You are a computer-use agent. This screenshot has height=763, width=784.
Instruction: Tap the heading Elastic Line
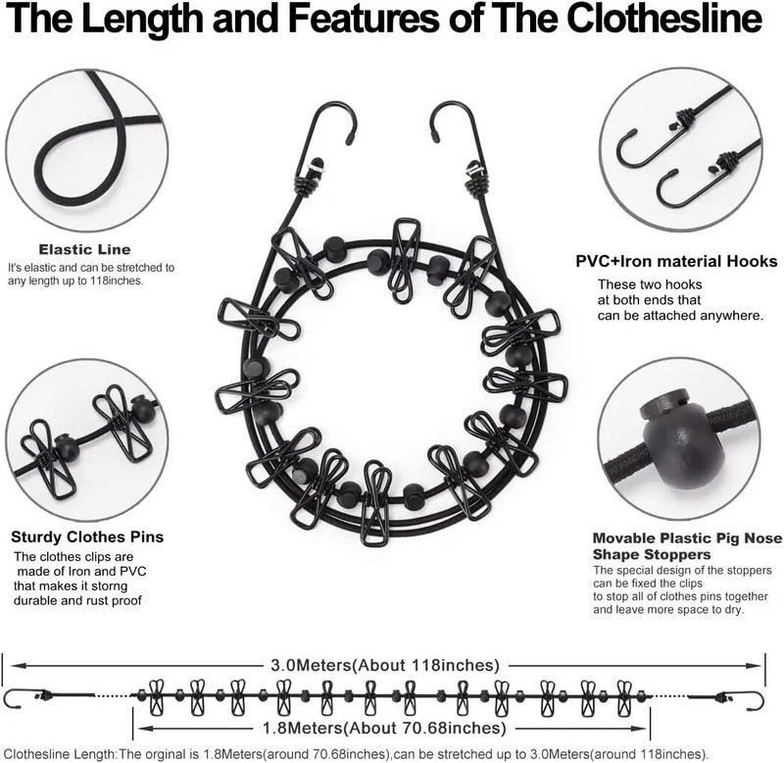(x=84, y=249)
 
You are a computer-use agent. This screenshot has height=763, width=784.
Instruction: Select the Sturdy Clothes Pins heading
(x=87, y=536)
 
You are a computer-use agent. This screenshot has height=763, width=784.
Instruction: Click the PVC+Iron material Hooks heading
(x=676, y=262)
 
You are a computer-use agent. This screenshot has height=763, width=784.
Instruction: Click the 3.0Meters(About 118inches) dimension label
(x=385, y=664)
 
